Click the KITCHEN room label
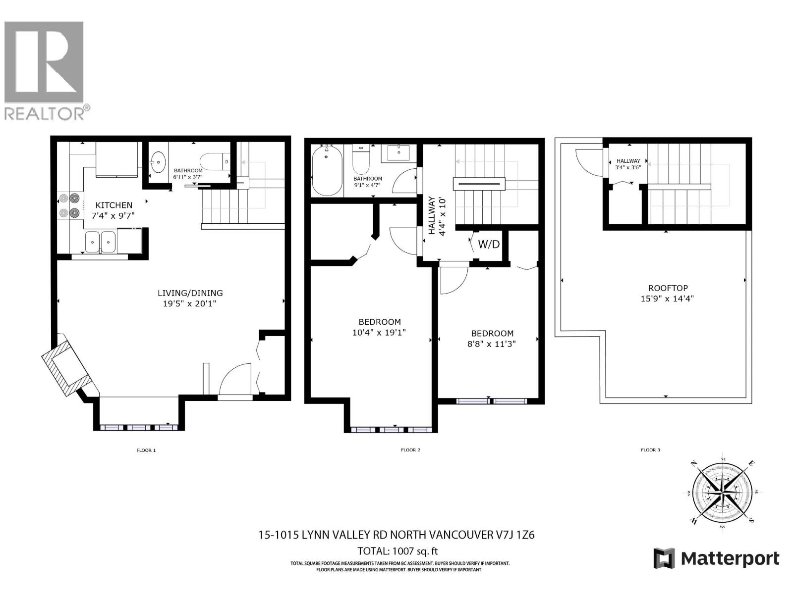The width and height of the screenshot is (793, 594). tap(114, 205)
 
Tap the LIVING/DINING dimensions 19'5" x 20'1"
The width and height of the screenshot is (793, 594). tap(190, 303)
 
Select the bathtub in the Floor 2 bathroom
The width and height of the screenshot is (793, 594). tap(327, 171)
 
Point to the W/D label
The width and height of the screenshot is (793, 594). tap(489, 244)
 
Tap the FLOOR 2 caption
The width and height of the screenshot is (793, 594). tap(410, 450)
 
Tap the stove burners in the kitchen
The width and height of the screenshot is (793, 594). tap(69, 205)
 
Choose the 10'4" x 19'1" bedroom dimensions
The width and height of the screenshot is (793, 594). tap(379, 333)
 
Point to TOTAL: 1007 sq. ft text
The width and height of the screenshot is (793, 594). tap(397, 551)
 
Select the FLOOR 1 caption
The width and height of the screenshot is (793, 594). tap(146, 450)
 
